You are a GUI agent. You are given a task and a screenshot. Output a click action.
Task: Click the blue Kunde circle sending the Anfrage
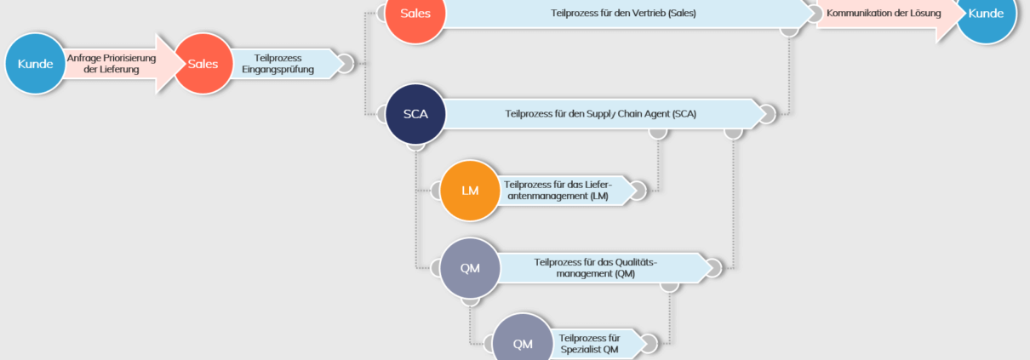[x=35, y=64]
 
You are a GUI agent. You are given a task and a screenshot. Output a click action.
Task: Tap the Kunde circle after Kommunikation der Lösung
[x=986, y=14]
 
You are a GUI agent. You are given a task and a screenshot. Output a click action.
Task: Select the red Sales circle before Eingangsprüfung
[x=203, y=64]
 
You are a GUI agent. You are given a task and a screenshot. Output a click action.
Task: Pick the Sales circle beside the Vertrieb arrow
[x=415, y=14]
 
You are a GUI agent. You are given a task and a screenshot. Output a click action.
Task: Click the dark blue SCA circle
[x=415, y=113]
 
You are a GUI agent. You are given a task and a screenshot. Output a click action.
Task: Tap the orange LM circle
[x=470, y=190]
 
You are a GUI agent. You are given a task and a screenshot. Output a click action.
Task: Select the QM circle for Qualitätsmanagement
[x=470, y=267]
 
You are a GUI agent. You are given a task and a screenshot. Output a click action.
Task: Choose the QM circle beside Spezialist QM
[x=523, y=342]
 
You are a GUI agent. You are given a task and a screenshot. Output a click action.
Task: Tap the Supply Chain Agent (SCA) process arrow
[x=600, y=113]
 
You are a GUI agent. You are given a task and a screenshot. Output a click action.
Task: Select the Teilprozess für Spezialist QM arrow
[x=591, y=343]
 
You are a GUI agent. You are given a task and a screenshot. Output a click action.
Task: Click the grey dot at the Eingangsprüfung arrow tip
[x=346, y=64]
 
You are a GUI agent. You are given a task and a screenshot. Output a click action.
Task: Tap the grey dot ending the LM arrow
[x=637, y=190]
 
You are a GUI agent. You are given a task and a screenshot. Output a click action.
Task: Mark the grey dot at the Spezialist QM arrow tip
[x=649, y=343]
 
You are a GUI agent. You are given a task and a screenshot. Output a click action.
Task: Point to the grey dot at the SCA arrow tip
[x=767, y=113]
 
